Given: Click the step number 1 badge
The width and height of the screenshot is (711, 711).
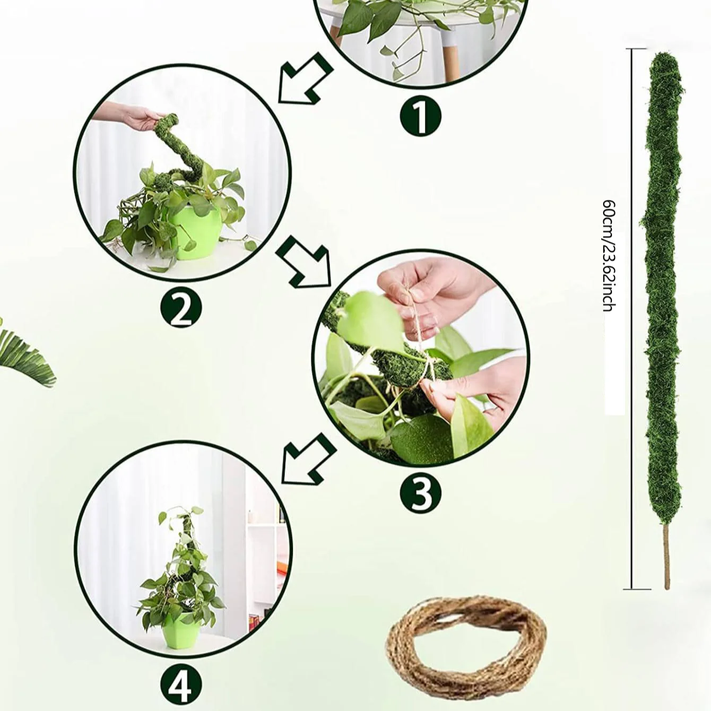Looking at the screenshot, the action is tap(420, 117).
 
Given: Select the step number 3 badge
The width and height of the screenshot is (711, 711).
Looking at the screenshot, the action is tap(420, 493).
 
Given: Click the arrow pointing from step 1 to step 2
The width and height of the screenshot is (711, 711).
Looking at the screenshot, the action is tap(306, 78).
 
